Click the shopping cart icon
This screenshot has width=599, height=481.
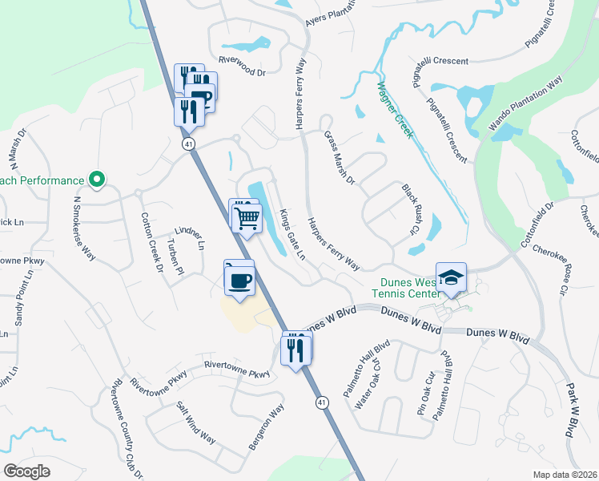coord(247,217)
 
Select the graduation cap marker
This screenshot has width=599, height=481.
coord(452,278)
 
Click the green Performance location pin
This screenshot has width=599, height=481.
coord(96,180)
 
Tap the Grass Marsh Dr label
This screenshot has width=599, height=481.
coord(340,157)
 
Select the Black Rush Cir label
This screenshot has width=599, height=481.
coord(410,208)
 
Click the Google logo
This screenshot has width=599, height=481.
coord(26,471)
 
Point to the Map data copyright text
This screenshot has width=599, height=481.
coord(564,475)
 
